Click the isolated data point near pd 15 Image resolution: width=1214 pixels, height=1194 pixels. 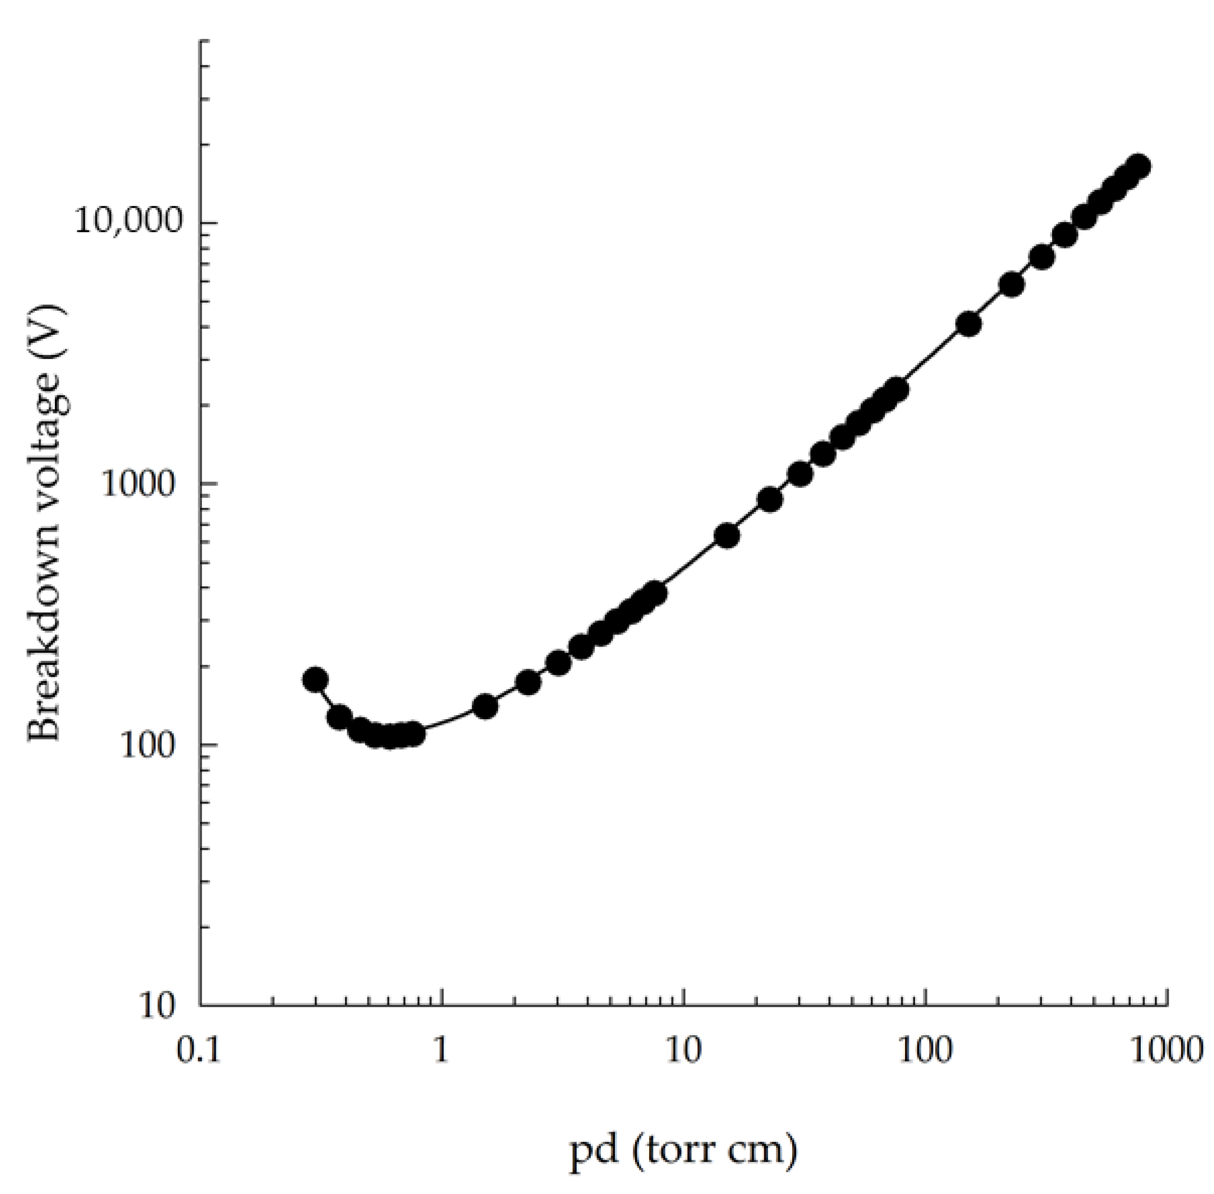click(727, 536)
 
